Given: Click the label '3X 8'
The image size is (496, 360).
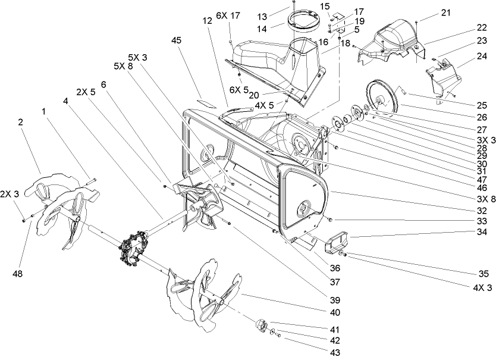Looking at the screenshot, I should (485, 199).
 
